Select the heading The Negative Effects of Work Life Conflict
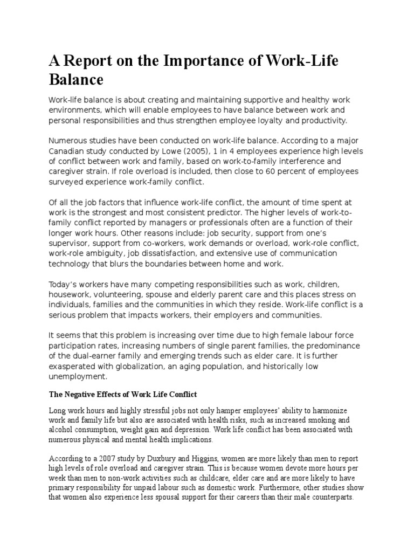125,394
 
